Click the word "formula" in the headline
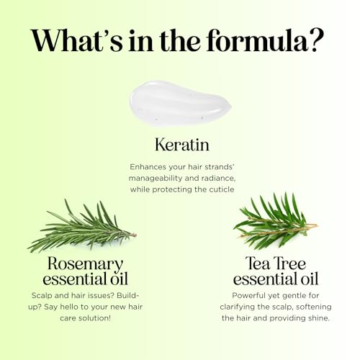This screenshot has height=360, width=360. [257, 40]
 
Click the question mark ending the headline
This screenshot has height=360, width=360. [317, 40]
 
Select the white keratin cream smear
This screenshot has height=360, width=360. [181, 104]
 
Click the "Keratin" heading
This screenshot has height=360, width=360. [182, 145]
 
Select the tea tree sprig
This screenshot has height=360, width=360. [276, 222]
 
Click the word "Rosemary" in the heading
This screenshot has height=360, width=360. [85, 264]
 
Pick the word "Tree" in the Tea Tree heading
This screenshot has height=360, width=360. [290, 263]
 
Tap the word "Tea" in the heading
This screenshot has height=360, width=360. [258, 263]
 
